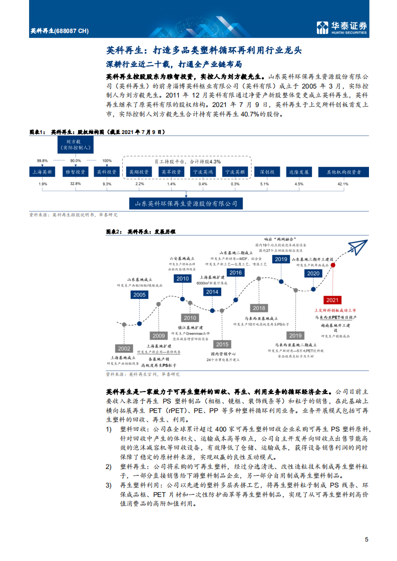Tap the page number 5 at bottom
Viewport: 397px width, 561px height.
366,539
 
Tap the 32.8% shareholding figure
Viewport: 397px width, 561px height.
75,184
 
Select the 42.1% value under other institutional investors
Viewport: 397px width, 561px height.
343,184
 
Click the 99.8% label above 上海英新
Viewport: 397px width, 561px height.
42,160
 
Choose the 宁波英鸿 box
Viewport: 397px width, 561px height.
203,171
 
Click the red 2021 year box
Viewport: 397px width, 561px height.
331,299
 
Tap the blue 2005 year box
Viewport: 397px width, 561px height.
140,295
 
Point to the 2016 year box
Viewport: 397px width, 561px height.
235,272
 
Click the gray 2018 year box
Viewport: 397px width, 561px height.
259,308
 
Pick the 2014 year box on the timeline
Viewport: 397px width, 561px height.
212,292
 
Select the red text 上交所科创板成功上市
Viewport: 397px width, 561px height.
331,310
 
